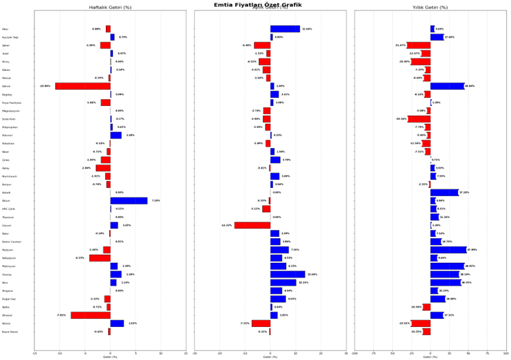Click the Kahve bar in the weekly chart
click(x=83, y=86)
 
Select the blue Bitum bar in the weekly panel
click(x=129, y=201)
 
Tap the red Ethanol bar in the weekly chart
click(x=90, y=315)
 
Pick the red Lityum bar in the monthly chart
click(x=252, y=225)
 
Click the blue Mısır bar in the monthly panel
click(x=285, y=29)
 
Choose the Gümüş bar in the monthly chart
click(x=287, y=274)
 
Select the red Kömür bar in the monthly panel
click(x=261, y=324)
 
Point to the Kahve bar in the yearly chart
click(x=447, y=86)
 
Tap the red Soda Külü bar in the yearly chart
click(x=419, y=119)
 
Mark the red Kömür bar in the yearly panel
click(x=421, y=324)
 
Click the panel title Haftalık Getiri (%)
click(x=110, y=8)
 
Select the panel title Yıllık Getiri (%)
click(x=430, y=8)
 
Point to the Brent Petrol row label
click(x=11, y=332)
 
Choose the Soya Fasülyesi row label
click(x=12, y=103)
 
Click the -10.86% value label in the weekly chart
click(x=45, y=86)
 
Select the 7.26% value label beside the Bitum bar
click(x=155, y=201)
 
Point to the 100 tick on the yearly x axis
click(x=505, y=354)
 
